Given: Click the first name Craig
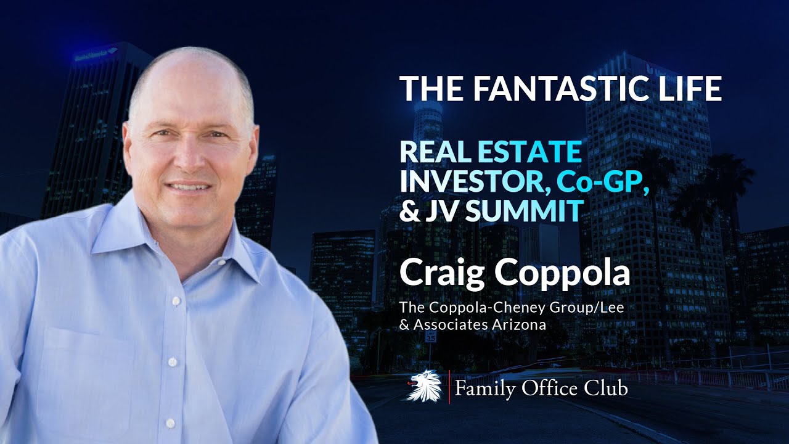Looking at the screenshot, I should (443, 273).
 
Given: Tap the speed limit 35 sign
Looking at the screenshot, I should (431, 337).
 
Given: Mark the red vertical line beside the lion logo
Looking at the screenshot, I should (449, 387).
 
